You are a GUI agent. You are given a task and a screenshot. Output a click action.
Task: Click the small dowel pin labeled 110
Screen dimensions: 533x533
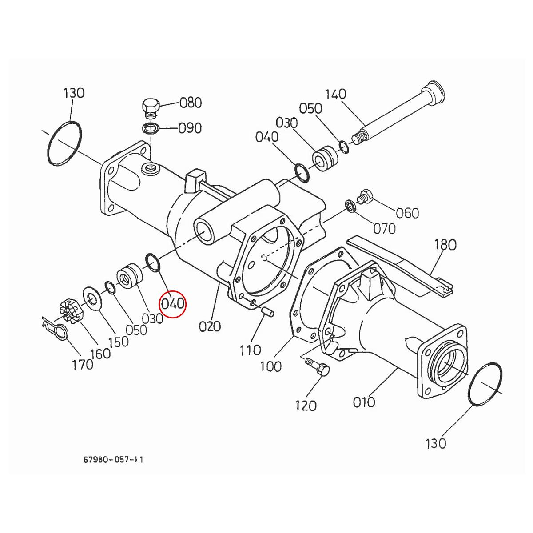coord(268,311)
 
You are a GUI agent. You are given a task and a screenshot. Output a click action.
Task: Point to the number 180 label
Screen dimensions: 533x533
coord(445,244)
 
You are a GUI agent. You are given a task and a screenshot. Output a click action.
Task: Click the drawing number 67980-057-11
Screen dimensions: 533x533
coord(113,459)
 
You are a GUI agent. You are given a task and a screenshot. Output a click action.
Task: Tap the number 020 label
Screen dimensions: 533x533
coord(210,326)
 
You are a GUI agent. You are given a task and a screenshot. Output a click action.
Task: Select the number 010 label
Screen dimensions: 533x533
coord(363,402)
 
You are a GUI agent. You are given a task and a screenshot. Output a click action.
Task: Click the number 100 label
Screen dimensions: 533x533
coord(271,366)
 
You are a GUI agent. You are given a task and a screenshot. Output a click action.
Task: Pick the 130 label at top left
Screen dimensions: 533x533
coord(74,93)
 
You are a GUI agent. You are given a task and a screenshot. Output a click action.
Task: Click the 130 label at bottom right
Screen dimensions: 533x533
coord(435,443)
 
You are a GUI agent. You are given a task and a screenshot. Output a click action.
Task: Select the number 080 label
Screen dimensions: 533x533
coord(191,103)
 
